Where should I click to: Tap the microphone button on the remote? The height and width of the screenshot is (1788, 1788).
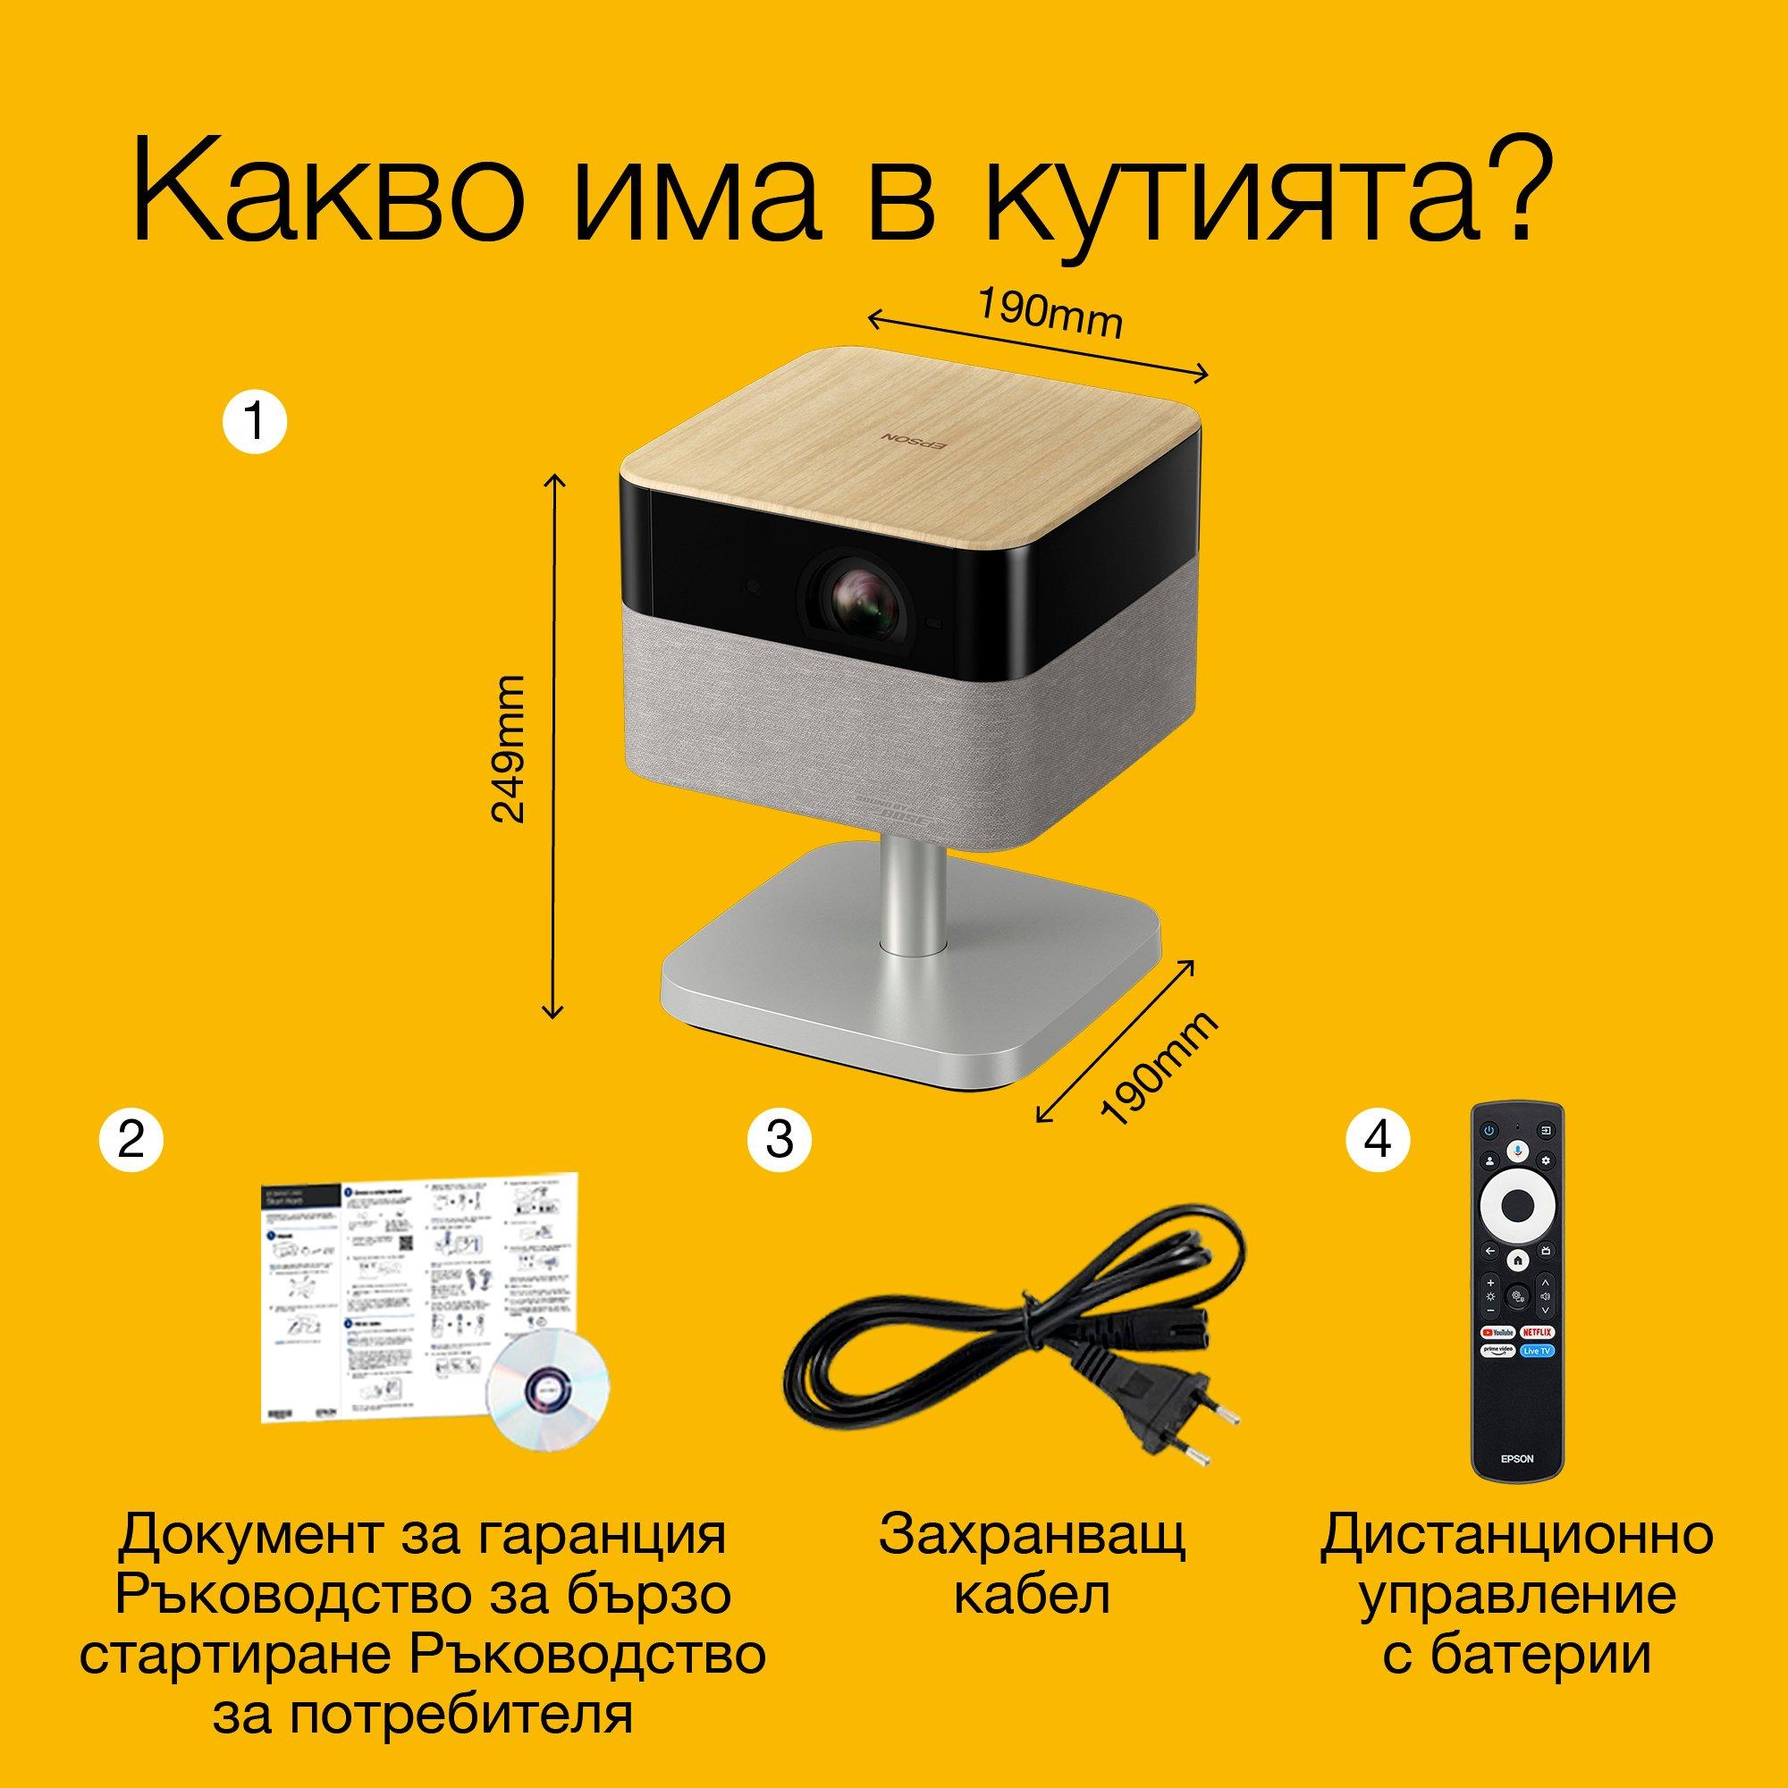pos(1516,1148)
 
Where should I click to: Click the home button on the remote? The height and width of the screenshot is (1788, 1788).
pos(1516,1260)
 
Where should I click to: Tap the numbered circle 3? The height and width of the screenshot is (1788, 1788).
pos(780,1139)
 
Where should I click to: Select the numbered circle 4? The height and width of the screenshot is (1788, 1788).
pos(1377,1139)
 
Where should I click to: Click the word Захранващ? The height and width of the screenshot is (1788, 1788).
pos(1031,1534)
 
